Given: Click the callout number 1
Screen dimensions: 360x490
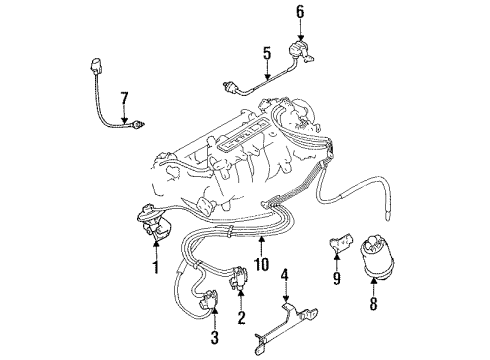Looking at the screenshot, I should pos(154,268).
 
